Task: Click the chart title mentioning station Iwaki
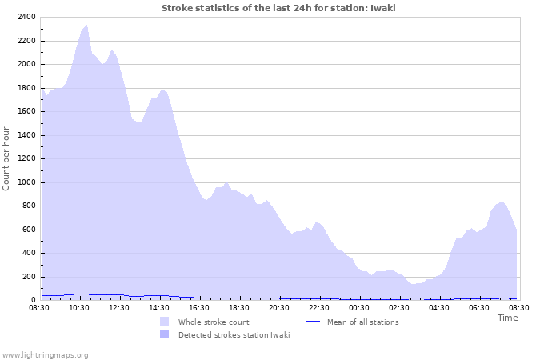click(278, 8)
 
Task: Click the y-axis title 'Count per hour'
click(7, 158)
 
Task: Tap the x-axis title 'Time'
click(507, 318)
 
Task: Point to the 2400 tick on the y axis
click(24, 17)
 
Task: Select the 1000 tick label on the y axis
click(24, 182)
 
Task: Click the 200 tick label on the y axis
click(27, 277)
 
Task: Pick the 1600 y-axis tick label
click(24, 111)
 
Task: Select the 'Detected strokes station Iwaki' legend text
click(234, 334)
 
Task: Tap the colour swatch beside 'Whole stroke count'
click(164, 322)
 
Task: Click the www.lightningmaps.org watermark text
click(45, 354)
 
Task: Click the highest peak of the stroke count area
click(86, 26)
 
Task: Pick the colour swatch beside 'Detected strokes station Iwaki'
click(164, 334)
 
